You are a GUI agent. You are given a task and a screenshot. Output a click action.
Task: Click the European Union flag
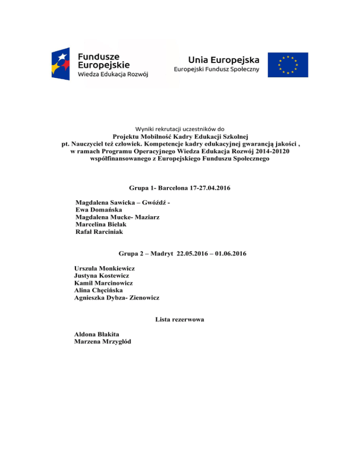[x=288, y=65]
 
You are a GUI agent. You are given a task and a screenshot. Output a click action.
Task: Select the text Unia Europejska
[x=223, y=60]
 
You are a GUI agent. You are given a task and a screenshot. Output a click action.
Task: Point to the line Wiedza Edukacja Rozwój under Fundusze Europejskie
[x=113, y=75]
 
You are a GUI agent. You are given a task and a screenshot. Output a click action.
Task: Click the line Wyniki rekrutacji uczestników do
[x=180, y=129]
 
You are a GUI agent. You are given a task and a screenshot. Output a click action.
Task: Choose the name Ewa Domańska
[x=98, y=210]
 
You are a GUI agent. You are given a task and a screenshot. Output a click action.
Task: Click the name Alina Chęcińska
[x=98, y=290]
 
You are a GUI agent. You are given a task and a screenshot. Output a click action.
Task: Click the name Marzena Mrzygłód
[x=103, y=341]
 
